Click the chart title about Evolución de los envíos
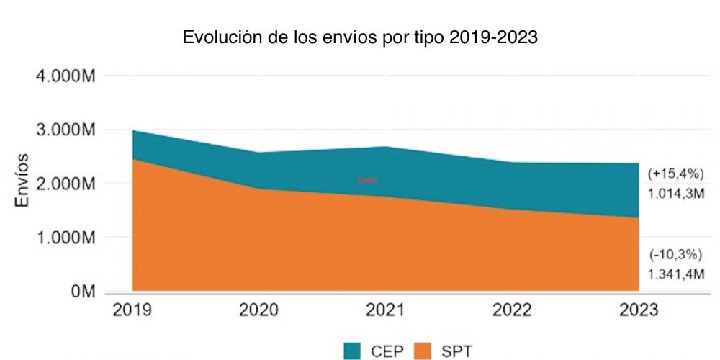360,37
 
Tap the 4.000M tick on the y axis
62,76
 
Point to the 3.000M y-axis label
62,130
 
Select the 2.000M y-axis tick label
62,184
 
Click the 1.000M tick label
62,238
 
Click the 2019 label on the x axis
133,310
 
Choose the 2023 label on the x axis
639,310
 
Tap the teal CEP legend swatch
351,351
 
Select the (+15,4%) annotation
675,174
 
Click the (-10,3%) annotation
675,254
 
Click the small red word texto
367,180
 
